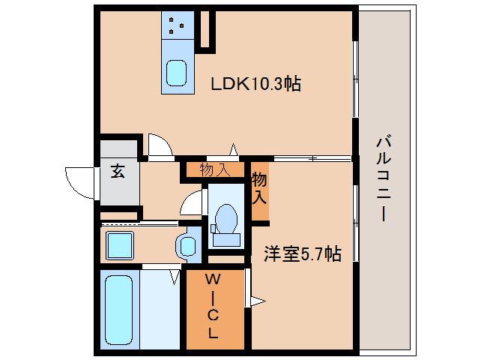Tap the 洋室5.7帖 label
point(302,254)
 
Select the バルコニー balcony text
point(383,178)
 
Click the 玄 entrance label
point(118,170)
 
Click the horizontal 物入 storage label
point(215,170)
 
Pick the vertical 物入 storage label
point(259,189)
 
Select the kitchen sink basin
point(177,74)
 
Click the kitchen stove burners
point(177,26)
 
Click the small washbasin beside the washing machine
point(187,244)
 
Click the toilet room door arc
point(193,202)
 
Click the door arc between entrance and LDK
point(158,145)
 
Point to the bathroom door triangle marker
point(175,277)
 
